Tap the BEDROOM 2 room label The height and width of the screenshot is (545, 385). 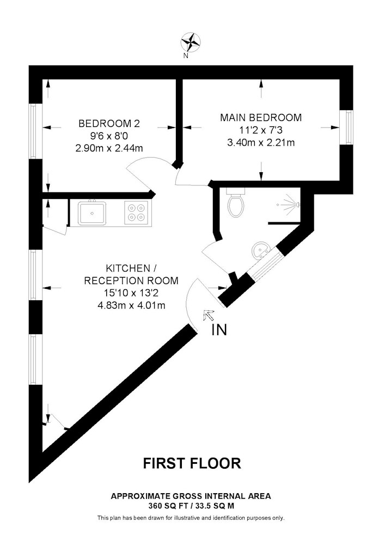tap(109, 123)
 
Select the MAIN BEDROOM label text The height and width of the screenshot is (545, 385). tap(261, 118)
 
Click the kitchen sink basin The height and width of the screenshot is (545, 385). tap(92, 213)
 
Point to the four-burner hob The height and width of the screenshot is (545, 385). tap(136, 213)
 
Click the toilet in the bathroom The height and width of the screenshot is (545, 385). tap(236, 202)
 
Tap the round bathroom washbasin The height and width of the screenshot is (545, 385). tap(260, 250)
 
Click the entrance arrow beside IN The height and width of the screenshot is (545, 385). tap(209, 316)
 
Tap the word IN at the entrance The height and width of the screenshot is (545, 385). tap(219, 330)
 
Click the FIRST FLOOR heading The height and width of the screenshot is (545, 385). tap(192, 463)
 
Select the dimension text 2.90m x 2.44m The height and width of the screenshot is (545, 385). tap(109, 148)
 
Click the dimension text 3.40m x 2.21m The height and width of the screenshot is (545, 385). tap(261, 142)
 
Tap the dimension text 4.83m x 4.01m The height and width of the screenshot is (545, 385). tap(131, 306)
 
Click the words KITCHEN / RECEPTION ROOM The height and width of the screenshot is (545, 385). tap(131, 274)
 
